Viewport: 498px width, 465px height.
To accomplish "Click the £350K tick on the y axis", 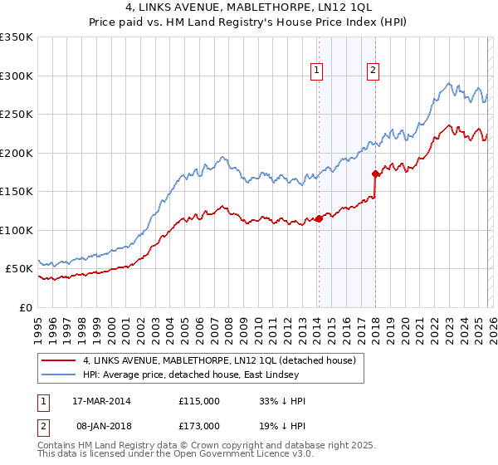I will click(x=17, y=37).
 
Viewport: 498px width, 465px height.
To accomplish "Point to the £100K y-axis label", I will click(x=17, y=230).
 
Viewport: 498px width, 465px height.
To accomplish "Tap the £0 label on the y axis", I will click(x=27, y=307).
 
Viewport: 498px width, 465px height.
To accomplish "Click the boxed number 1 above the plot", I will click(x=318, y=71).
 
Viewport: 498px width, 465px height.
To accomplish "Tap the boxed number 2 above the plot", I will click(x=373, y=71).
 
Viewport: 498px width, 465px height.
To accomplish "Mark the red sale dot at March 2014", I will click(x=319, y=219).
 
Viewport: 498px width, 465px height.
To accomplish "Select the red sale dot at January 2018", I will click(x=375, y=174).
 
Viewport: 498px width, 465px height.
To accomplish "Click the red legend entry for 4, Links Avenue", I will click(x=219, y=360).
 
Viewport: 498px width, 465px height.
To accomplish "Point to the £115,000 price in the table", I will click(x=199, y=401).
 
